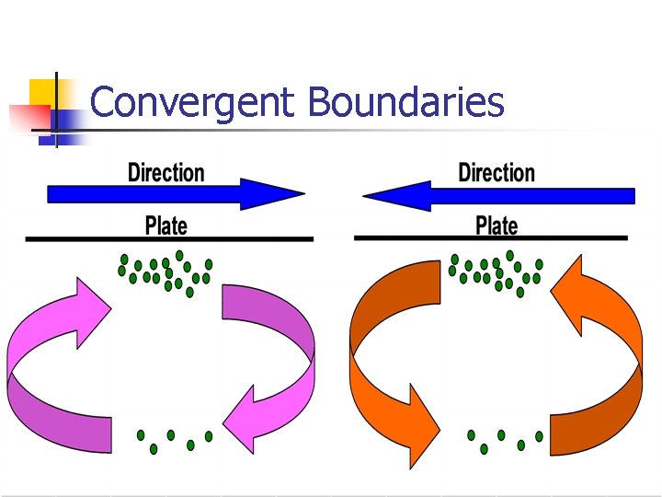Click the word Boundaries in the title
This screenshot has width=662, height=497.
pyautogui.click(x=406, y=103)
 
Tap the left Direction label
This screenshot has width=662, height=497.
pyautogui.click(x=166, y=173)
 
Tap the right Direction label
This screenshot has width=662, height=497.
pyautogui.click(x=496, y=173)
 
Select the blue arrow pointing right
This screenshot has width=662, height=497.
pyautogui.click(x=175, y=195)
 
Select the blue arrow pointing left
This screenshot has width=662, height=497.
pyautogui.click(x=498, y=195)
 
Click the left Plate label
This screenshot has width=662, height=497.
pyautogui.click(x=166, y=225)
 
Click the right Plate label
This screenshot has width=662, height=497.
pyautogui.click(x=496, y=225)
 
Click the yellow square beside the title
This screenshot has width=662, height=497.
pyautogui.click(x=44, y=92)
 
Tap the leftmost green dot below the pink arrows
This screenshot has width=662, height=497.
pyautogui.click(x=141, y=434)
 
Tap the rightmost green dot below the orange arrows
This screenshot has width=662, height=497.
pyautogui.click(x=540, y=436)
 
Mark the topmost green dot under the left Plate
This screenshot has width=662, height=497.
pyautogui.click(x=179, y=255)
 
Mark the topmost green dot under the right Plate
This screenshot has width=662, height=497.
pyautogui.click(x=509, y=255)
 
